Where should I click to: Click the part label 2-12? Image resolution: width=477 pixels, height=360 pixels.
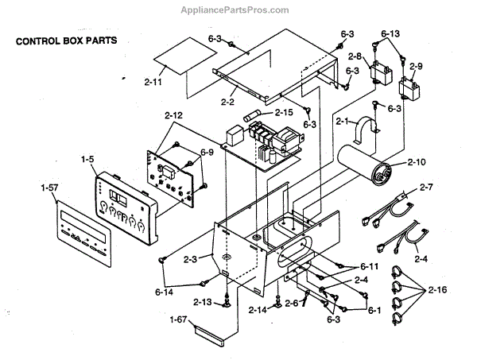point(173,115)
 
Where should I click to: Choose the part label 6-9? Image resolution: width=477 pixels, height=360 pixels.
point(207,151)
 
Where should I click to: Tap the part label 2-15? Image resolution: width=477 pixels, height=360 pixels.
point(284,112)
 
